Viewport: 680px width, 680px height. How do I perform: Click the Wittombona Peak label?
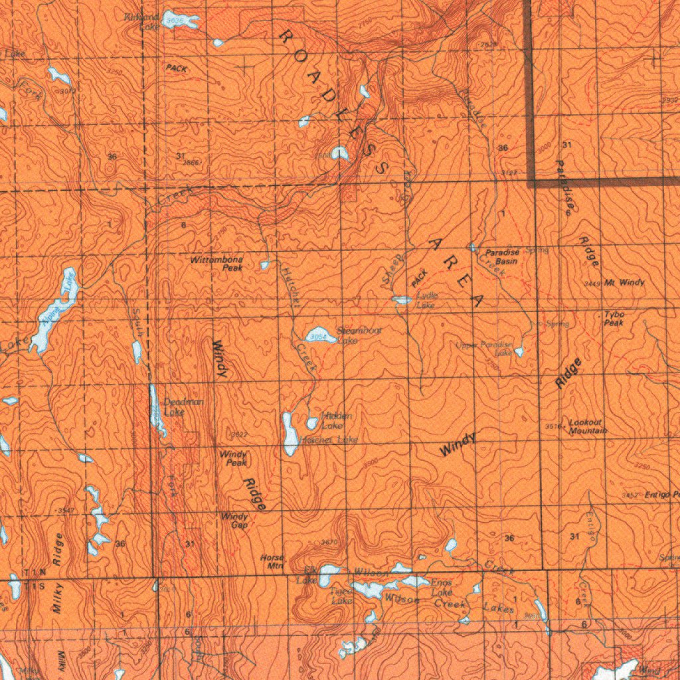(x=216, y=264)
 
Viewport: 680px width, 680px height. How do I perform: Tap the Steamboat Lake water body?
(x=319, y=335)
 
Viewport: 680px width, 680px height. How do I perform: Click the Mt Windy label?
(x=624, y=283)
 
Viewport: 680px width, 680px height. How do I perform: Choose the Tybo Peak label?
(x=614, y=318)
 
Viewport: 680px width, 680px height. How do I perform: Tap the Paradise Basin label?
(x=501, y=257)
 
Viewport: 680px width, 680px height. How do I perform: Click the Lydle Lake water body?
(x=401, y=300)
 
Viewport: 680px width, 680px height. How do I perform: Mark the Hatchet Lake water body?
(x=290, y=433)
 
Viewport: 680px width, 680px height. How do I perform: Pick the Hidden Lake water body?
(x=312, y=422)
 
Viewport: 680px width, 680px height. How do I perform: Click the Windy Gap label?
(x=234, y=520)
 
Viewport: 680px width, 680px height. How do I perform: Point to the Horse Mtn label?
(x=273, y=562)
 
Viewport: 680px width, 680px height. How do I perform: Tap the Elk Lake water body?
(x=327, y=574)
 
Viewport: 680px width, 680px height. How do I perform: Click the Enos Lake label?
(x=442, y=586)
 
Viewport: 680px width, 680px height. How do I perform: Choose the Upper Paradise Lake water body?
(x=519, y=350)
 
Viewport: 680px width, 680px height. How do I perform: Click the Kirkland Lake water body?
(x=180, y=19)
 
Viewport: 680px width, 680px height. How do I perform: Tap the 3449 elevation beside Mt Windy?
(x=592, y=284)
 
